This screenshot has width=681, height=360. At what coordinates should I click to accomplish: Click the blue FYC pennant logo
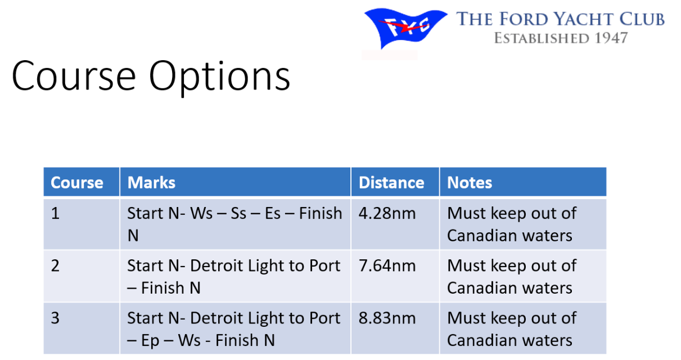pyautogui.click(x=405, y=28)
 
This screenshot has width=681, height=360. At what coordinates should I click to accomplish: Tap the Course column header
pyautogui.click(x=77, y=182)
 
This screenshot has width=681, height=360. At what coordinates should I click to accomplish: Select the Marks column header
pyautogui.click(x=151, y=182)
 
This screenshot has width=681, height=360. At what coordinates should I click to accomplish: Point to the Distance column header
pyautogui.click(x=391, y=182)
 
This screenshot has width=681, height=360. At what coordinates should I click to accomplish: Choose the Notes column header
pyautogui.click(x=470, y=182)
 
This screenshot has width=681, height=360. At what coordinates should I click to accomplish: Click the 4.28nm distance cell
pyautogui.click(x=387, y=213)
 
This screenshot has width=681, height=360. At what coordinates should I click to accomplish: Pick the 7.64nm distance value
pyautogui.click(x=387, y=265)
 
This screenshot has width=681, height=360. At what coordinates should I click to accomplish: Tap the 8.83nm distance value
pyautogui.click(x=387, y=318)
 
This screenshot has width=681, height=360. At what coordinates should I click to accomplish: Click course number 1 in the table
pyautogui.click(x=55, y=213)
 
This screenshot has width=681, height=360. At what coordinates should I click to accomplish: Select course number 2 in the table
pyautogui.click(x=55, y=265)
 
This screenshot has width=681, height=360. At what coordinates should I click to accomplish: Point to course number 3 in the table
pyautogui.click(x=55, y=318)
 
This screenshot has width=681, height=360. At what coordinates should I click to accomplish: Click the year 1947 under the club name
pyautogui.click(x=611, y=38)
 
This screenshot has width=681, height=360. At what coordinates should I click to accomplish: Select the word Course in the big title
pyautogui.click(x=74, y=76)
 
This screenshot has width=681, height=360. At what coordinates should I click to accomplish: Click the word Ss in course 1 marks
pyautogui.click(x=238, y=213)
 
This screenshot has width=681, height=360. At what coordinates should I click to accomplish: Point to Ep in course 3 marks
pyautogui.click(x=150, y=340)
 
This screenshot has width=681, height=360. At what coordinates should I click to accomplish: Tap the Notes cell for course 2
pyautogui.click(x=512, y=277)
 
